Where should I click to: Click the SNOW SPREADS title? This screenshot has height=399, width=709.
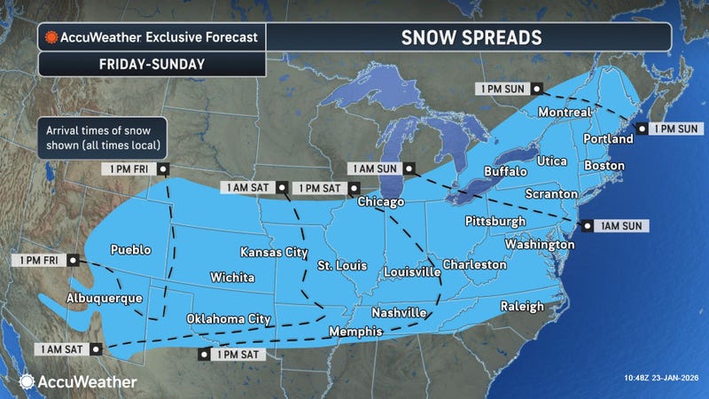(x=467, y=38)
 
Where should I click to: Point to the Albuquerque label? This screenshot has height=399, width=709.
(x=104, y=298)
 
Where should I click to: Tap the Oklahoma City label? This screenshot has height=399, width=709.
(x=229, y=318)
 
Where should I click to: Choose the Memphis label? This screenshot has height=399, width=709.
(x=354, y=332)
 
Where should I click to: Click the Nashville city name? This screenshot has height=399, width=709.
(x=398, y=313)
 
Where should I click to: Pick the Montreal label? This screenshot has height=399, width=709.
(x=565, y=113)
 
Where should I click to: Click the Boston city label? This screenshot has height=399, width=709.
(x=603, y=166)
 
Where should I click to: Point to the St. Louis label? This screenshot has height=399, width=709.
(x=342, y=265)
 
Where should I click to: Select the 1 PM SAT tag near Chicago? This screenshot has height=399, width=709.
(x=324, y=187)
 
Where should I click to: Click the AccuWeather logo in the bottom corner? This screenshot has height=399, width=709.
(x=77, y=381)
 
